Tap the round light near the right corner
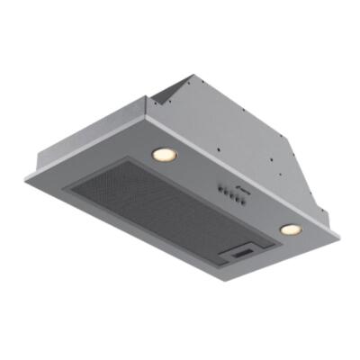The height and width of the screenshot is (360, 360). (289, 230)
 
